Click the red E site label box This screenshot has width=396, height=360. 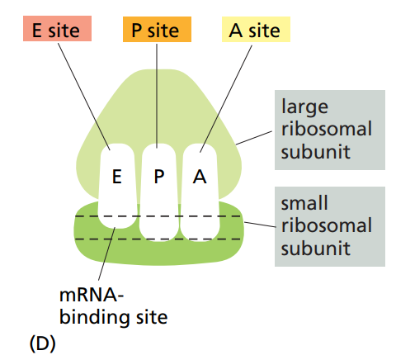[57, 31]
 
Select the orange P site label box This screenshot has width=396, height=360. [157, 31]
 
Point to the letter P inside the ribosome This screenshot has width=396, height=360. [159, 177]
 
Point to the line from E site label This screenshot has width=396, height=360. [82, 95]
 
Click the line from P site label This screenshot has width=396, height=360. [157, 95]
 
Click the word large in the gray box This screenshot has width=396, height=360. [304, 107]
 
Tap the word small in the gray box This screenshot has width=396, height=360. [305, 203]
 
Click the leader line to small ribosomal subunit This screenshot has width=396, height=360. [260, 224]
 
